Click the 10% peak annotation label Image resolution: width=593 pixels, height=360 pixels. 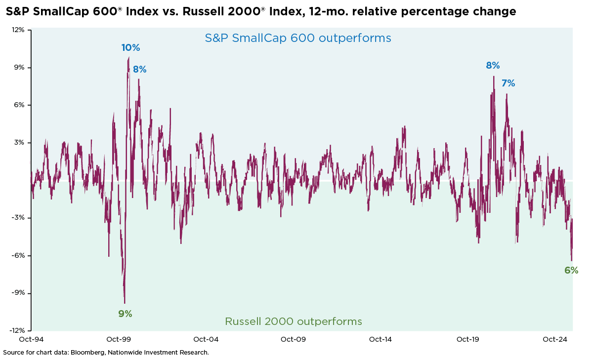[131, 48]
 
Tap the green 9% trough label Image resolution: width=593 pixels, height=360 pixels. [125, 314]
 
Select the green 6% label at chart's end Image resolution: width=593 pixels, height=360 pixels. [571, 270]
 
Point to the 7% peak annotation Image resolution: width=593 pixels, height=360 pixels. [508, 83]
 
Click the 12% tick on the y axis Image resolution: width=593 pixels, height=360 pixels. [18, 30]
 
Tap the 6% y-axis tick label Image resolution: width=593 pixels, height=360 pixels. [19, 105]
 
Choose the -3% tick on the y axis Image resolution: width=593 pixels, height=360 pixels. [18, 218]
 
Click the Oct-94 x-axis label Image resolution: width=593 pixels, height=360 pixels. [32, 340]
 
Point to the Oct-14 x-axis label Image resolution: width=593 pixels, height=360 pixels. [380, 340]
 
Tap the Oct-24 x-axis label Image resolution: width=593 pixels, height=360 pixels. [554, 340]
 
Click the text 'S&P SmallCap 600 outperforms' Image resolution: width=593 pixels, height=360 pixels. [298, 38]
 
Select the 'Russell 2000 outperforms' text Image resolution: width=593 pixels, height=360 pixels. [294, 321]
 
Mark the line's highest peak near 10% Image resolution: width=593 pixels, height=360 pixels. [128, 57]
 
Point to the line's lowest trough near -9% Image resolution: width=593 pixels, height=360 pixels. [125, 303]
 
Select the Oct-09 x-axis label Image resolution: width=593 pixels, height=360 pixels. [293, 340]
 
